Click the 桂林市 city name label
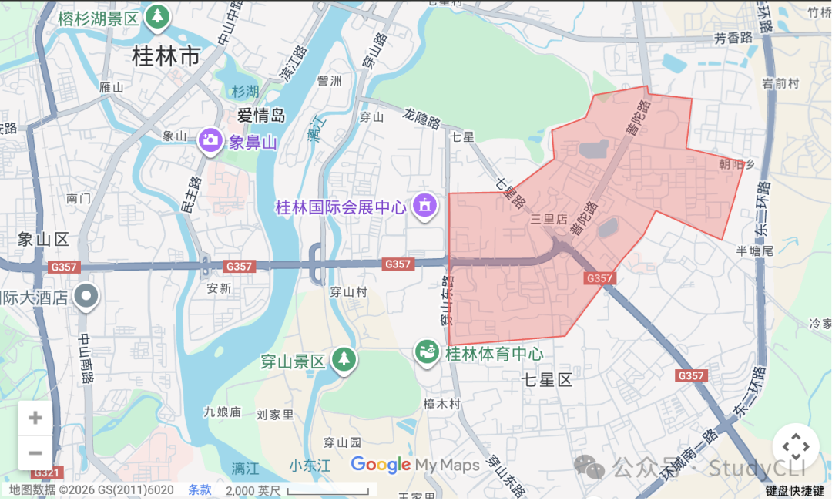[166, 56]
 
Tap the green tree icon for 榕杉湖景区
[158, 17]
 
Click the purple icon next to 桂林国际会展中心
[424, 207]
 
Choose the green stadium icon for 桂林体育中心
[427, 354]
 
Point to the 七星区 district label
[548, 380]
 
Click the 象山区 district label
[44, 239]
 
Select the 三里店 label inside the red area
[548, 220]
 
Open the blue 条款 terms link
[200, 489]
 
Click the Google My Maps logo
[415, 465]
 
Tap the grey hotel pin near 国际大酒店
[86, 295]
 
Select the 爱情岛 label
[261, 116]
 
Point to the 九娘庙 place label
[223, 412]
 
